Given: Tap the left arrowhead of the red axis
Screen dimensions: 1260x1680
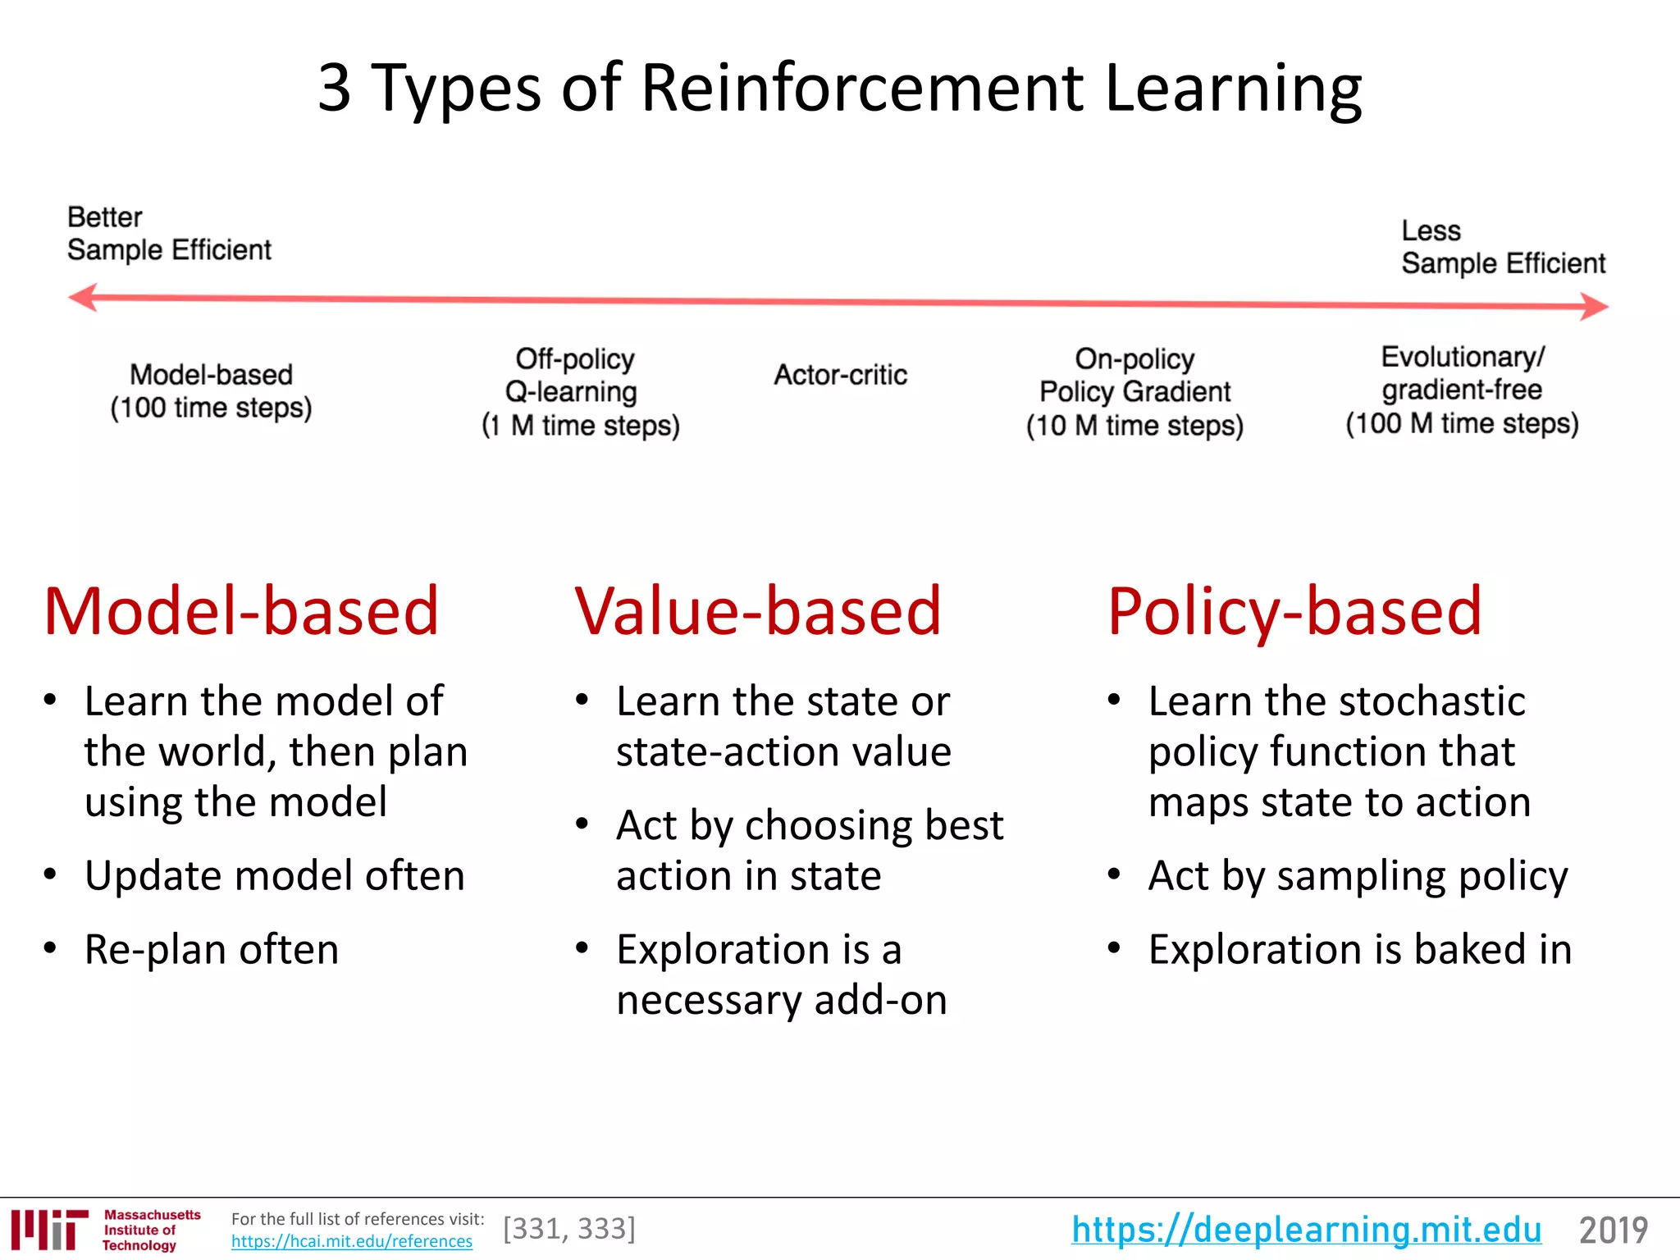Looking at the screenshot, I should (82, 298).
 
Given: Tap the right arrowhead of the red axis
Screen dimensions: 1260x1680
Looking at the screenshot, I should (1595, 307).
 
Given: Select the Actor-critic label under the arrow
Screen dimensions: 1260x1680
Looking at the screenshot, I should (840, 375).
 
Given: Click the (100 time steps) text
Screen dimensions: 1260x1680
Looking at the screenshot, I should (211, 408).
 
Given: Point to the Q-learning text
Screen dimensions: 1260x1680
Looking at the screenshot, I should (571, 391).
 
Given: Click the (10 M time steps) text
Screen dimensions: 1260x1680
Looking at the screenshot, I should (1134, 426).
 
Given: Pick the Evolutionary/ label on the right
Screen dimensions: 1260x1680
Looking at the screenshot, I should (1462, 357).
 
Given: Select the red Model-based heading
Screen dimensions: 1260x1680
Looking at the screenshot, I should (241, 611).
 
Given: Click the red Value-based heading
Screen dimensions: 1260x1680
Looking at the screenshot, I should (757, 611).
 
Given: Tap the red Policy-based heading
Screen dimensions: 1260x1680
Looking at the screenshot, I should (1294, 611).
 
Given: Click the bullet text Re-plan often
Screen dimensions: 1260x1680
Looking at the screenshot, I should (211, 950).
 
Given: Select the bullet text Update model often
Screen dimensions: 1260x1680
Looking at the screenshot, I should (274, 875).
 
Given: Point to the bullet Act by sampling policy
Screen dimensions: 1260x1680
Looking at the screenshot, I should (1358, 875).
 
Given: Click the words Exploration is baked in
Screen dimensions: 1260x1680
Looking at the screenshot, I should (1359, 950).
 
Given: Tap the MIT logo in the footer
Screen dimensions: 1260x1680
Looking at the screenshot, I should (49, 1229).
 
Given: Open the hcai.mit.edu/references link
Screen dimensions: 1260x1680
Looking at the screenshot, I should (351, 1241).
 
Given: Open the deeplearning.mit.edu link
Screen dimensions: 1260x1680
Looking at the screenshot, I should (1306, 1230).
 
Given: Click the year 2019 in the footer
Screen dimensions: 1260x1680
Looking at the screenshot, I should (1613, 1230).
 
